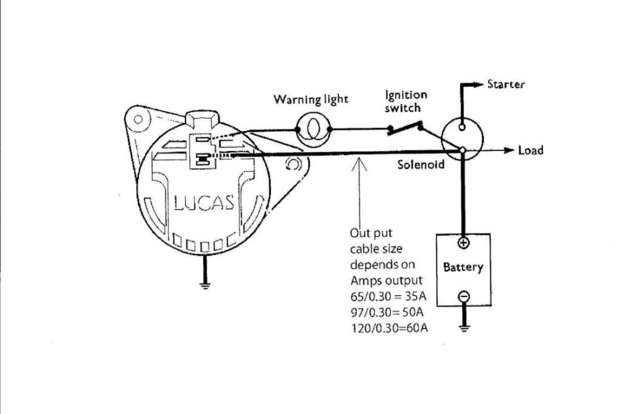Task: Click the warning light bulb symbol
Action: tap(312, 128)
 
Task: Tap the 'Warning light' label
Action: tap(310, 99)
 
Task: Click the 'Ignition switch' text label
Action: tap(405, 101)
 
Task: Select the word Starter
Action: tap(505, 85)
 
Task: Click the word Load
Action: tap(531, 150)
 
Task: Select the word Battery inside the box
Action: tap(463, 268)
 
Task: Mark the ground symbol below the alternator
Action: tap(205, 285)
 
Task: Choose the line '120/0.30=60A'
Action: tap(388, 328)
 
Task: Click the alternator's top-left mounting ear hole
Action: tap(138, 120)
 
